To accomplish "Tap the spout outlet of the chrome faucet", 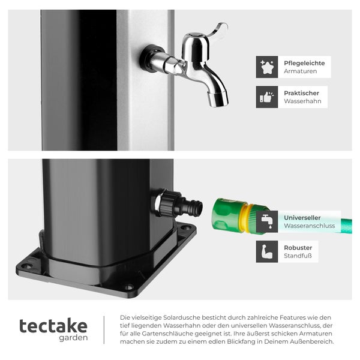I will (x=219, y=98).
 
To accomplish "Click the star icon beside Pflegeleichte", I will (x=267, y=67).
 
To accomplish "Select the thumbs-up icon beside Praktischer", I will (x=267, y=97).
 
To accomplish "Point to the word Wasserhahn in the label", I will (x=303, y=101).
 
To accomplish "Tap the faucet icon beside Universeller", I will (x=267, y=222).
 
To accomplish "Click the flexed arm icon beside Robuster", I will (x=267, y=252).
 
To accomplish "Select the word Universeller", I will (x=302, y=218).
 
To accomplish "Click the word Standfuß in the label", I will (x=298, y=256).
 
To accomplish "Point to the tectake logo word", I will (x=53, y=326).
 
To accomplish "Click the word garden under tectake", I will (x=73, y=338).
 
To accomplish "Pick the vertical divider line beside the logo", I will (x=104, y=329).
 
